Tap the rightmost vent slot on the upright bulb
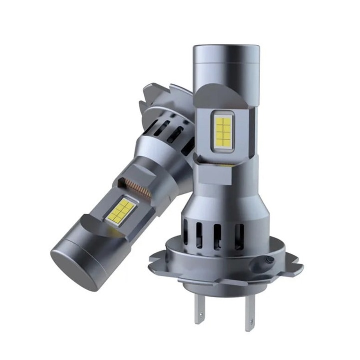click(240, 234)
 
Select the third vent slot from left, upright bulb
click(219, 236)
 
